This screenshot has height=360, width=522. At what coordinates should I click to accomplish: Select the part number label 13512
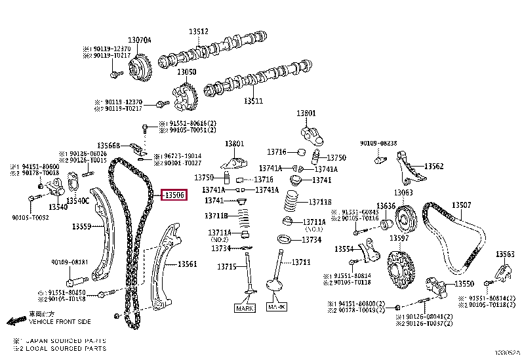coord(199,31)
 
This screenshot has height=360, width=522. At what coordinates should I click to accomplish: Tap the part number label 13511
coord(253,102)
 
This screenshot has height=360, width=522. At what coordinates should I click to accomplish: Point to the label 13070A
coord(140,40)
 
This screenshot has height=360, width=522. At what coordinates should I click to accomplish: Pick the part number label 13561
coord(188,264)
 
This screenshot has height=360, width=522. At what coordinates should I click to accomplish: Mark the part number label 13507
coord(462,206)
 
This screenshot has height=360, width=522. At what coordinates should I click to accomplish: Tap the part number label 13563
coord(505,254)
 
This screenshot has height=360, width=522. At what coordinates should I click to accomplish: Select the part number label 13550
coord(464,283)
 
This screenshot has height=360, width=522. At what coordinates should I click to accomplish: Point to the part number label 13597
coord(399,237)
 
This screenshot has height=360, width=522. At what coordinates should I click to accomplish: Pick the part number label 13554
coord(344,249)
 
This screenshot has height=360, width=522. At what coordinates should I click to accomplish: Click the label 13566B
coord(109,146)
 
